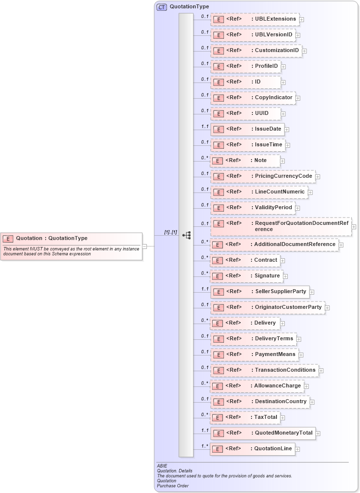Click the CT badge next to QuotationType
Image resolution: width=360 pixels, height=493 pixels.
coord(162,7)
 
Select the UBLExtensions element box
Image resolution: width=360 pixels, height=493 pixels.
coord(255,20)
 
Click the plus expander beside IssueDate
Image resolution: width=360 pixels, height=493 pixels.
coord(287,130)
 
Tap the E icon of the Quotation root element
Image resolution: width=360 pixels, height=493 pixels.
coord(8,239)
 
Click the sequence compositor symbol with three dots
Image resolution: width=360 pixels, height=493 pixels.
coord(186,235)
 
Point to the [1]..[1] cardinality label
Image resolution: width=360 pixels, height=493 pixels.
coord(170,232)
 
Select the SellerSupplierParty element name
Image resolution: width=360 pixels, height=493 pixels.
coord(280,291)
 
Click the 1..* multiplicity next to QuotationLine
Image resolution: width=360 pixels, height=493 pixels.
coord(204,446)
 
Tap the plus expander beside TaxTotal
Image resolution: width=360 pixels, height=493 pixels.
coord(283,418)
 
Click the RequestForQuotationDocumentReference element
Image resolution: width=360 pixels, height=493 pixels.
coord(281,226)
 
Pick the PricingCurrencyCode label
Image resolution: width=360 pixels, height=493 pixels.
coord(283,176)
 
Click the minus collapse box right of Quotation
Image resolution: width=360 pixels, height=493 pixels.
coord(145,246)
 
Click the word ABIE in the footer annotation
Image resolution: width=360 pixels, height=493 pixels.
coord(162,466)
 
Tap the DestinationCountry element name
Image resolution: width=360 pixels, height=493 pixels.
coord(280,401)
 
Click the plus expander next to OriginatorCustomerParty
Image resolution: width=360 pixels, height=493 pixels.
coord(328,308)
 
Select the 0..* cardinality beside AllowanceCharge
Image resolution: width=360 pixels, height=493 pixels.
coord(204,383)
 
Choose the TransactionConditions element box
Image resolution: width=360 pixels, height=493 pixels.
coord(264,370)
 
